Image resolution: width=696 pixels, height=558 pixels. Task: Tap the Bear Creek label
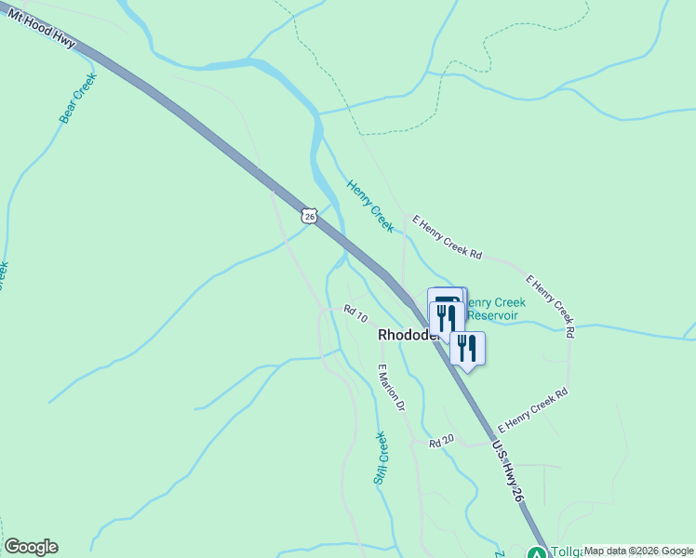[x=77, y=100]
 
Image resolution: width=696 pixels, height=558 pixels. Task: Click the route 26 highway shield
[x=310, y=215]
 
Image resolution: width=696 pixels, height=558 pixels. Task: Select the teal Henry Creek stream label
[x=370, y=206]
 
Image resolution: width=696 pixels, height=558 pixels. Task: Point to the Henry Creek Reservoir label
[x=497, y=309]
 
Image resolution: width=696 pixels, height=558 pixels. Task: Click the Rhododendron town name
[x=406, y=335]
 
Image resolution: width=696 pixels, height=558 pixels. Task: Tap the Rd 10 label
[x=355, y=315]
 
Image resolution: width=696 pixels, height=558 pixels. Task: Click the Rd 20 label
[x=441, y=441]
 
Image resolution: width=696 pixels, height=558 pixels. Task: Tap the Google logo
[x=31, y=547]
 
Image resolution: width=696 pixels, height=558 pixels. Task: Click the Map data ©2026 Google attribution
[x=638, y=551]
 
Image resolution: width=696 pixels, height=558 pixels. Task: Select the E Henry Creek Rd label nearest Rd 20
[x=533, y=410]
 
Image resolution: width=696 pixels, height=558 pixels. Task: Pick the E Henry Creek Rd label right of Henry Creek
[x=448, y=239]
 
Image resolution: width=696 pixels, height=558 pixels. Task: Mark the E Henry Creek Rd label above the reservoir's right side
[x=551, y=304]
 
